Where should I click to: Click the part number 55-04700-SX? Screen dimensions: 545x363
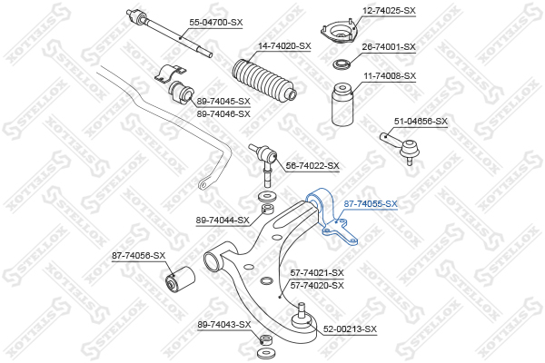(216, 23)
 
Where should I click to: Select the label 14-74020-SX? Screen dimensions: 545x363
(284, 46)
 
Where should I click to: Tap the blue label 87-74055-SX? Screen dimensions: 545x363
(371, 204)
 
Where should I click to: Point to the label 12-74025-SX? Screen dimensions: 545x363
(389, 11)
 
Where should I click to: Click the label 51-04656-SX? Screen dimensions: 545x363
(421, 122)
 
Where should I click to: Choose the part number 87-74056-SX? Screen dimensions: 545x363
(138, 256)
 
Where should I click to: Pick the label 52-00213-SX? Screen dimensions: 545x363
(350, 329)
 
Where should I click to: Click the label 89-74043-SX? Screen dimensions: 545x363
(224, 325)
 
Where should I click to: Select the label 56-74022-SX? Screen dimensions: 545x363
(312, 166)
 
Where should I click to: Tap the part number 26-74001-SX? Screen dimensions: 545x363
(389, 46)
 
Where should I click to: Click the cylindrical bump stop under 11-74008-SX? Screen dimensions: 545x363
(342, 104)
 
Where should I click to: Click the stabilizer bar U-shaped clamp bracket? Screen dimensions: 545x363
(171, 73)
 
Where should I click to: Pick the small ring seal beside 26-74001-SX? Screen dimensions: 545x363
(342, 64)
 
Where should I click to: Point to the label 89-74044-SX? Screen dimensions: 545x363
(223, 221)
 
